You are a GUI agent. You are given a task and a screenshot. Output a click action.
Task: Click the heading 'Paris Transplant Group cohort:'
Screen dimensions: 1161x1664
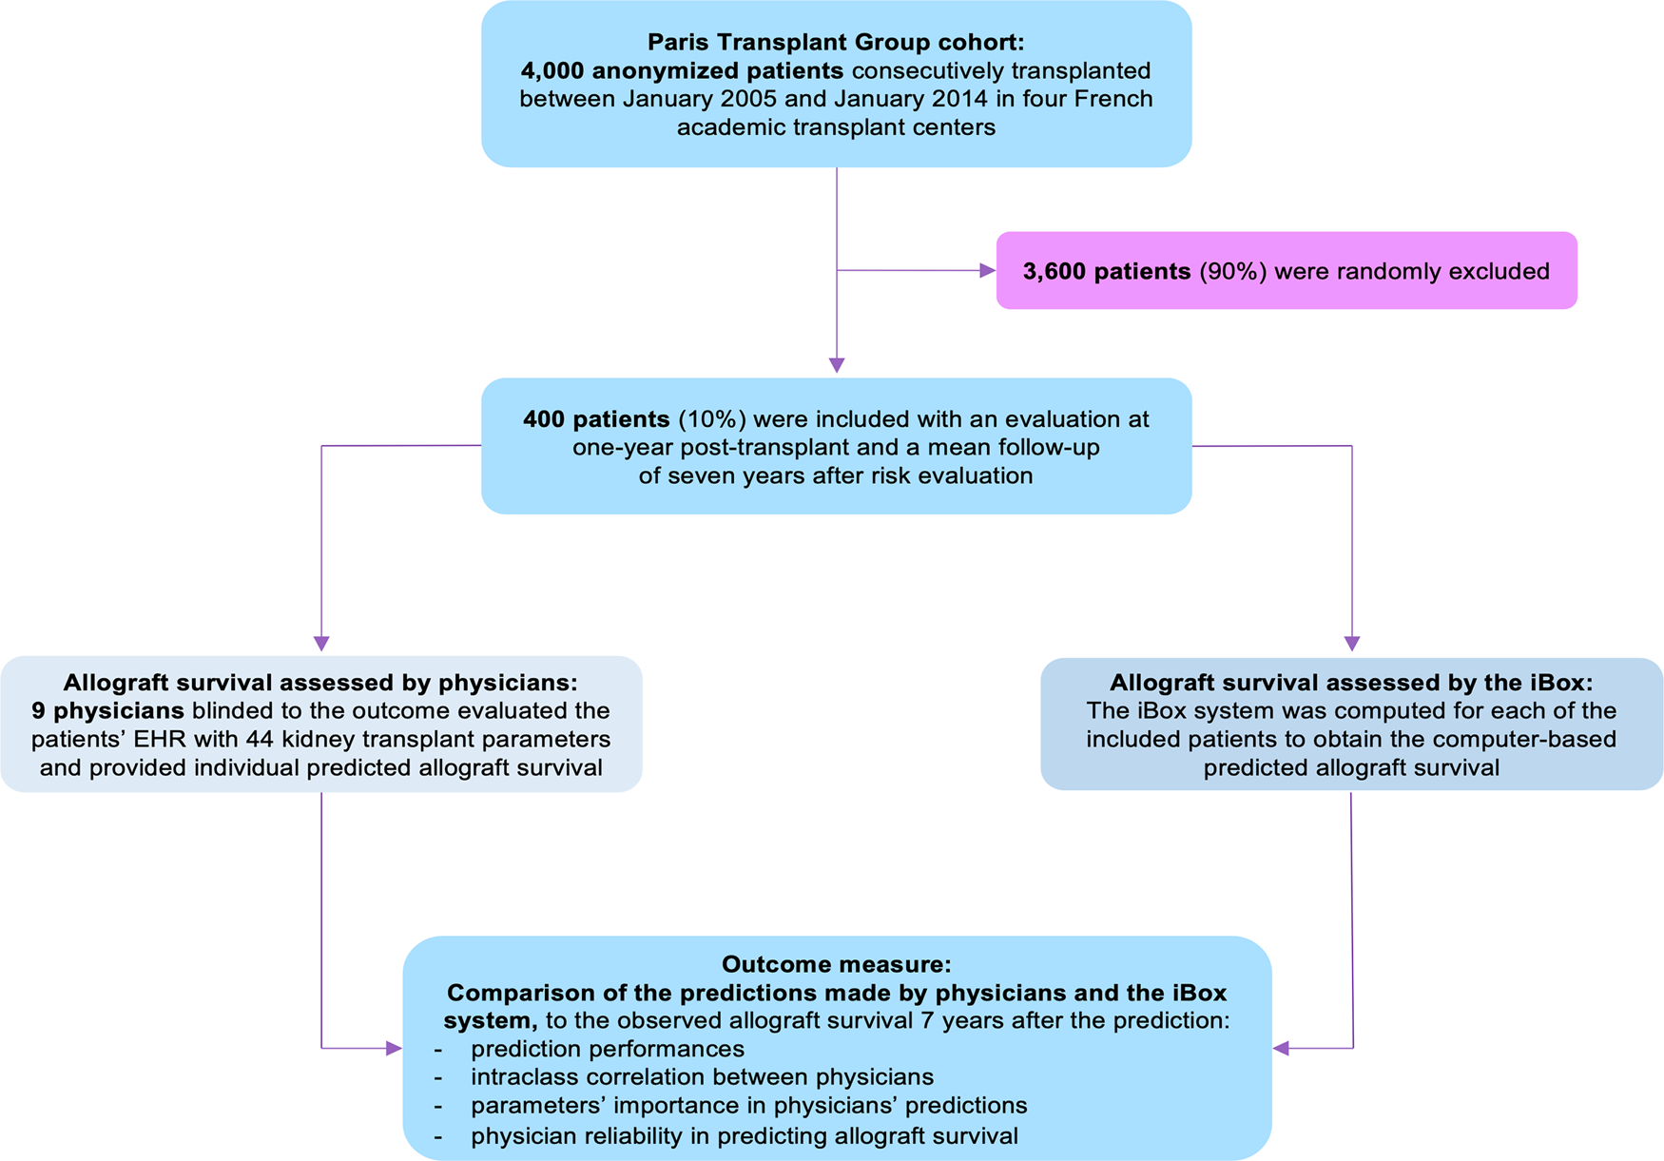(x=836, y=42)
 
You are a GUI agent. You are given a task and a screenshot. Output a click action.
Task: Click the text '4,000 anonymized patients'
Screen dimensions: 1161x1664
(x=682, y=70)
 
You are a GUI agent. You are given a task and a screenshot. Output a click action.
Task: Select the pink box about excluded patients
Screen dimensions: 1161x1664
(x=1286, y=271)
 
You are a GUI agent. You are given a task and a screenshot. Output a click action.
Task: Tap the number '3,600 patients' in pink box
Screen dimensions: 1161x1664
(x=1106, y=271)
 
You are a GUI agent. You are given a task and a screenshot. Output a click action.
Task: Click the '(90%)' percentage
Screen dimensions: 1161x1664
(x=1232, y=271)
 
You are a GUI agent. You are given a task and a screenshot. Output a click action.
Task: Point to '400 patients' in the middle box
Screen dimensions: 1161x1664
(x=596, y=419)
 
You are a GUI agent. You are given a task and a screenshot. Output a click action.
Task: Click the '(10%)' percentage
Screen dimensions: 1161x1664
(x=711, y=419)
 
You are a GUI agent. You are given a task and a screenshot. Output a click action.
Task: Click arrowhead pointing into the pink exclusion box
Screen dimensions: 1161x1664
(x=987, y=271)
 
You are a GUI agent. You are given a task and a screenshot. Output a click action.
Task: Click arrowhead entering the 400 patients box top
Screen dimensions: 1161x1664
(x=837, y=365)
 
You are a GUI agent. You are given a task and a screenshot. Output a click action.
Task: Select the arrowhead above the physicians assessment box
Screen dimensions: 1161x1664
(x=321, y=643)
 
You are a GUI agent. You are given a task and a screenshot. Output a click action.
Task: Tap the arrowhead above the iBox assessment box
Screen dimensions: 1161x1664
(x=1352, y=644)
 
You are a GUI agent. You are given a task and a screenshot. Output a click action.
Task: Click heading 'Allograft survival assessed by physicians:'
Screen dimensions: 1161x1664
(x=320, y=683)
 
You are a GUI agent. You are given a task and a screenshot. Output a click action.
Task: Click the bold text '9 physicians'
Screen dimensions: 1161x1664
(x=107, y=711)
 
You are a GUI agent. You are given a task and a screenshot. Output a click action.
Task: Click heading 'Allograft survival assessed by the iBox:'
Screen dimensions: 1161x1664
(x=1351, y=683)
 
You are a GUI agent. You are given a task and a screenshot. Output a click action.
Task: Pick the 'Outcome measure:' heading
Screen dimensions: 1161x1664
(x=836, y=964)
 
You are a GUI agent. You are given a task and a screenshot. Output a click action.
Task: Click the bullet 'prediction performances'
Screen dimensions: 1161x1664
(x=607, y=1049)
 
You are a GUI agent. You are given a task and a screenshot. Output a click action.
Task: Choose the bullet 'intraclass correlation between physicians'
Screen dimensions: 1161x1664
(x=702, y=1076)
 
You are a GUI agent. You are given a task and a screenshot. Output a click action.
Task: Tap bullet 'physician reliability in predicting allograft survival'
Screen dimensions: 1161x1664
(x=744, y=1135)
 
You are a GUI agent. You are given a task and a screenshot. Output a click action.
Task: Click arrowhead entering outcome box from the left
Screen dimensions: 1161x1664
(x=394, y=1049)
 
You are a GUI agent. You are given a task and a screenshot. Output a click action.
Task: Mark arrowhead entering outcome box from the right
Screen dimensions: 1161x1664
(x=1281, y=1049)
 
